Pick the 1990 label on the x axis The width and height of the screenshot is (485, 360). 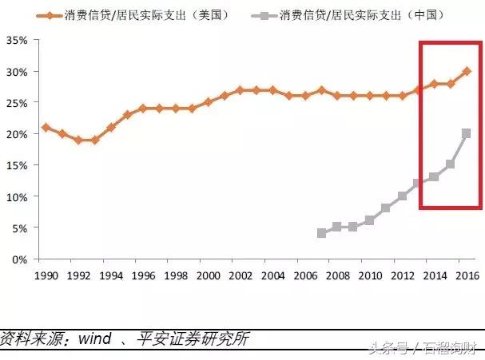pos(46,275)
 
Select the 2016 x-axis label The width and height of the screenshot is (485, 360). pos(467,275)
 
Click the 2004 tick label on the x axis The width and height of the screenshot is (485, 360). pos(272,275)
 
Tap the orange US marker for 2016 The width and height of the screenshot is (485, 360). pos(467,71)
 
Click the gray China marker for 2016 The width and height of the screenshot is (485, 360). pos(467,133)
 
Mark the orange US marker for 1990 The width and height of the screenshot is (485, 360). pos(46,127)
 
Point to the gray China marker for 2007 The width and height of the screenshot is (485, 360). pos(321,233)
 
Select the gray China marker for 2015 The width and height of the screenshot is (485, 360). pos(451,164)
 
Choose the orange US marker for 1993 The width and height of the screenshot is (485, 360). pos(94,140)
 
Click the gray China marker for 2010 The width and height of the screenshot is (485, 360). pos(370,220)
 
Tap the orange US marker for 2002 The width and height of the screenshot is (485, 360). pos(240,90)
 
